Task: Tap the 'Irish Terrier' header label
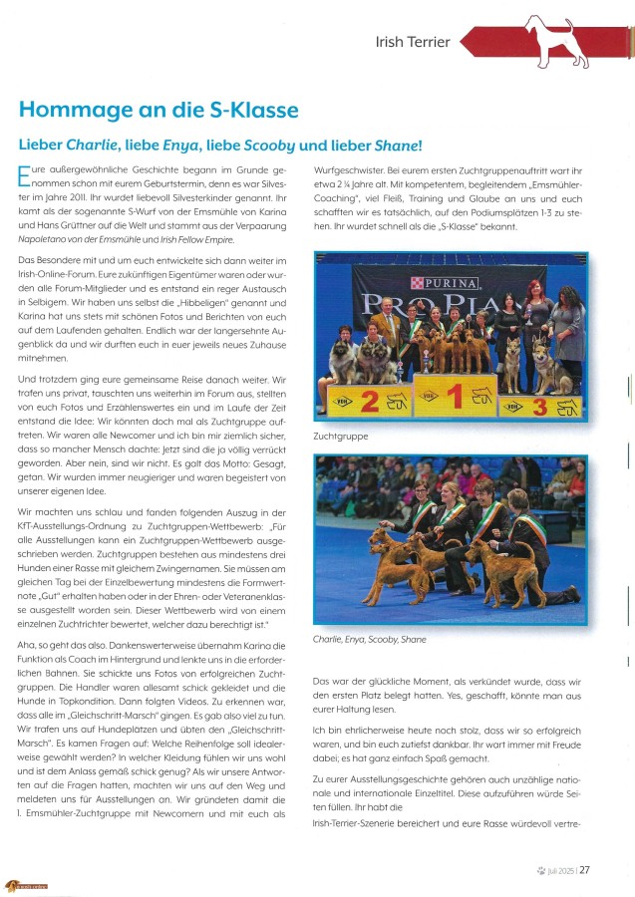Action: point(413,43)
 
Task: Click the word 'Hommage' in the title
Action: point(68,111)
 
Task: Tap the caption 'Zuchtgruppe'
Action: point(340,437)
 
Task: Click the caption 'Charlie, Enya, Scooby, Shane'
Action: point(368,639)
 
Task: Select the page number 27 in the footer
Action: point(585,869)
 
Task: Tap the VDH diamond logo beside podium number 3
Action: point(514,407)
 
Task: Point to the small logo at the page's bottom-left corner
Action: point(27,886)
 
